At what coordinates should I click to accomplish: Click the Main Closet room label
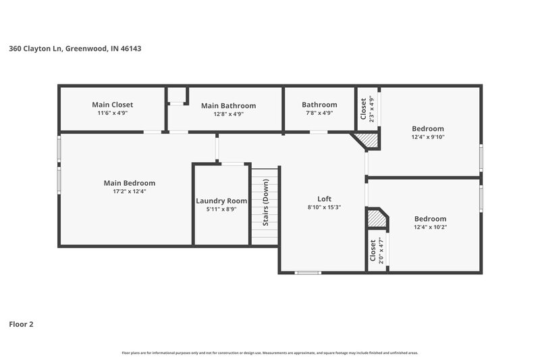click(112, 105)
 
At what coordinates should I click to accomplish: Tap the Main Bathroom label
click(228, 105)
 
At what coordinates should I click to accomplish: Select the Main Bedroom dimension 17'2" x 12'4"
click(129, 191)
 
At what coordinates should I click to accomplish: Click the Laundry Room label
click(221, 201)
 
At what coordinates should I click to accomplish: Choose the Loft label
click(323, 199)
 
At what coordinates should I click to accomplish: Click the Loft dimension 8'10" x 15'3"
click(323, 207)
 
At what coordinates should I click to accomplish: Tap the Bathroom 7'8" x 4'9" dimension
click(319, 113)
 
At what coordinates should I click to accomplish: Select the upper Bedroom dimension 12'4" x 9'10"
click(428, 137)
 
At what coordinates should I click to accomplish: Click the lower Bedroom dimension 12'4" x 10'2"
click(430, 227)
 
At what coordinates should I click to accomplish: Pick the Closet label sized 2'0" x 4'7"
click(373, 251)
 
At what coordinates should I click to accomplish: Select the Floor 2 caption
click(21, 324)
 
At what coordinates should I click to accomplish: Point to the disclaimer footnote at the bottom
click(269, 353)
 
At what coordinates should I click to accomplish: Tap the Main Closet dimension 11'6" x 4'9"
click(112, 113)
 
